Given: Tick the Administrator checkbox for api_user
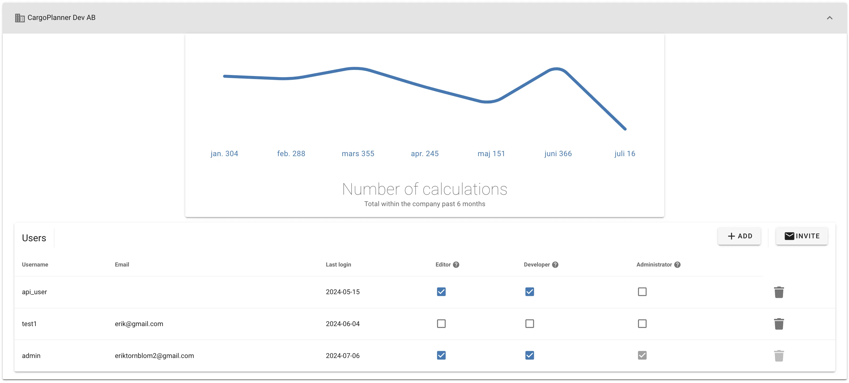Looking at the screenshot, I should click(642, 292).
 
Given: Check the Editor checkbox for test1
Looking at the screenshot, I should click(441, 324).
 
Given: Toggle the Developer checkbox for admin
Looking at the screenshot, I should click(529, 355).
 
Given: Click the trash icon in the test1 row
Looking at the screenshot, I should click(778, 324).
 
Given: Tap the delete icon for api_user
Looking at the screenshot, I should click(778, 292).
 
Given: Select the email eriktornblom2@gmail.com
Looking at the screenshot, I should click(154, 356).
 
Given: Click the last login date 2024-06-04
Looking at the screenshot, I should click(343, 324).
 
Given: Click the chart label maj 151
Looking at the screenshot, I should click(491, 153).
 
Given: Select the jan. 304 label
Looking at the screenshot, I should click(224, 153).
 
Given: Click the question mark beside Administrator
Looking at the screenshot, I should click(677, 265).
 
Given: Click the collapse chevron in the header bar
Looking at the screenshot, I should click(829, 18).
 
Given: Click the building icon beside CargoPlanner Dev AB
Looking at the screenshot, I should click(20, 18).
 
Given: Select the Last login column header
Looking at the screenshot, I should click(338, 265).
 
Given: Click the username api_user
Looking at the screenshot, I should click(34, 292).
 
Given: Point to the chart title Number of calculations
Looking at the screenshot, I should click(424, 189).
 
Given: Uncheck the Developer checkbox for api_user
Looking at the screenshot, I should click(529, 292).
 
